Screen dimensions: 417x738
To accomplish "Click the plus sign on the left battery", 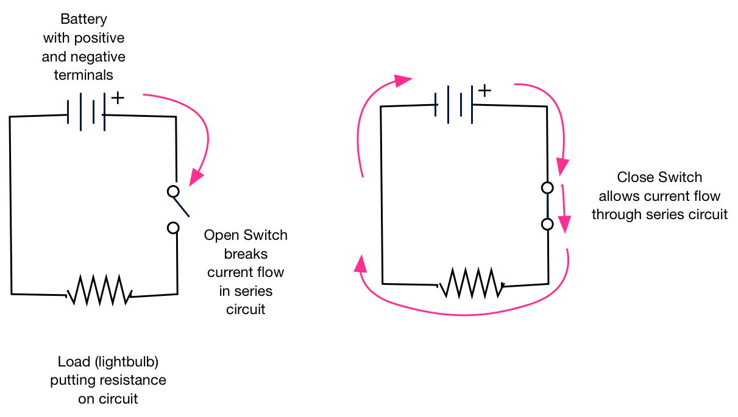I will coord(118,98).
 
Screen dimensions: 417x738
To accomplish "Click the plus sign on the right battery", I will coord(484,91).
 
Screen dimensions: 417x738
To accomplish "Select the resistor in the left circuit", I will coord(99,290).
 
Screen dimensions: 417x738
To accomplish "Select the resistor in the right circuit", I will coord(471,282).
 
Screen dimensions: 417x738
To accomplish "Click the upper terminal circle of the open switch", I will coord(173,191).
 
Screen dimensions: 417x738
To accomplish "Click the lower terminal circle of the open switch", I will coord(174,228).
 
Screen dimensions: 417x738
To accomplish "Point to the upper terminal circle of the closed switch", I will coord(547,187).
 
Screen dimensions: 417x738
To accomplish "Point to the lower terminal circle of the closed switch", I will coord(547,224).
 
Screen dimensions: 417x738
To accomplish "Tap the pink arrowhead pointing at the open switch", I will coord(196,177).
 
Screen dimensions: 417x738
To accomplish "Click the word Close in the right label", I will coord(636,178).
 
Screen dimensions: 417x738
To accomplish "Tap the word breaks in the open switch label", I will coord(246,253).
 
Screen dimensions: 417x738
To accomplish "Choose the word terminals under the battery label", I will coord(83,75).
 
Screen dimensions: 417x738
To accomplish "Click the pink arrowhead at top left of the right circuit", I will coord(403,80).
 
